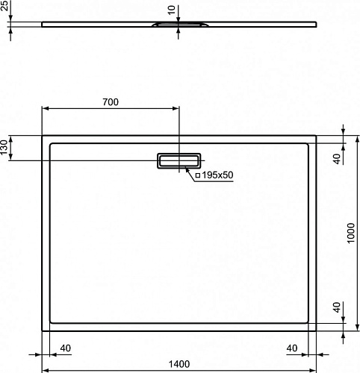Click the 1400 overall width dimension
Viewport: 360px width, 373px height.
[x=179, y=364]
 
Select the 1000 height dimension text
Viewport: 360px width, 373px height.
[x=351, y=233]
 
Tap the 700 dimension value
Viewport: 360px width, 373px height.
[x=111, y=102]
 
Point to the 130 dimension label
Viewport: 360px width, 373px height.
[x=4, y=147]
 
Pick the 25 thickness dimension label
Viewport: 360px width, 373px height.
[x=4, y=5]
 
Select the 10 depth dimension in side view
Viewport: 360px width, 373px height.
[x=172, y=10]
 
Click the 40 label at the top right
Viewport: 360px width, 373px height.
[x=337, y=159]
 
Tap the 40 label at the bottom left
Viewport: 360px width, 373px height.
[x=66, y=348]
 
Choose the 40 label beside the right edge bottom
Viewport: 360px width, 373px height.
[x=337, y=307]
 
